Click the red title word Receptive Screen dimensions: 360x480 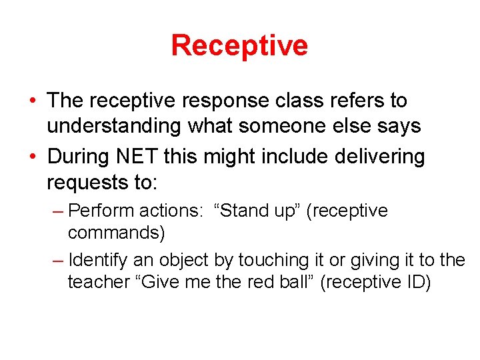point(239,45)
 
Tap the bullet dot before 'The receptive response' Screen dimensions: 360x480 point(32,101)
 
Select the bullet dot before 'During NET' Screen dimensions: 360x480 point(32,157)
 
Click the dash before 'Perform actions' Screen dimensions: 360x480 point(58,211)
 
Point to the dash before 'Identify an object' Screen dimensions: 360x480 point(58,260)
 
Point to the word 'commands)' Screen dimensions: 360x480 point(116,233)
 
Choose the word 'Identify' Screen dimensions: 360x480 point(98,260)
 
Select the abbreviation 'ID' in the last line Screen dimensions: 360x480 point(414,283)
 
